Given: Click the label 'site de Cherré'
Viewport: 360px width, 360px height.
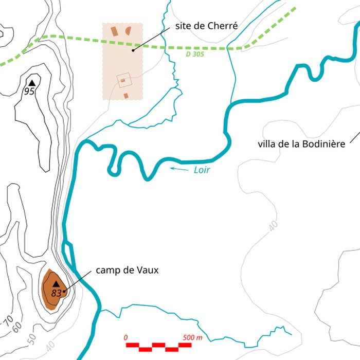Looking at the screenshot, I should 206,25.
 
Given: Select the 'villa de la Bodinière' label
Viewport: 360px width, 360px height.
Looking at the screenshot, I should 301,144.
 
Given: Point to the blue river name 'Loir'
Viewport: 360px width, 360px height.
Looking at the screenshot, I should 203,170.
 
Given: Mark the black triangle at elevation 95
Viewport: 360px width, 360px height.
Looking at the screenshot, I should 32,83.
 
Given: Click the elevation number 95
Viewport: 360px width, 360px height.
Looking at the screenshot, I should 29,92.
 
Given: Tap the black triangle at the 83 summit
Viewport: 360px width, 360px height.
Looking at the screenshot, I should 56,284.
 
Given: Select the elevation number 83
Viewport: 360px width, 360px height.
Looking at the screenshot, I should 57,293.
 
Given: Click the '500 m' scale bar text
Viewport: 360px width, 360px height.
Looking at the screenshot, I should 192,337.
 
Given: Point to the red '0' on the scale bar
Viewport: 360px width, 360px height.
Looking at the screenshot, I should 126,337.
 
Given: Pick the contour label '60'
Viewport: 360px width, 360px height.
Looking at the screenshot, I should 17,327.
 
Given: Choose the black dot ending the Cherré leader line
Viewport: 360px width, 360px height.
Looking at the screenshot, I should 133,50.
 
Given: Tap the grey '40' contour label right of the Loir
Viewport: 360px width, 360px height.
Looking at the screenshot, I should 273,225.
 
